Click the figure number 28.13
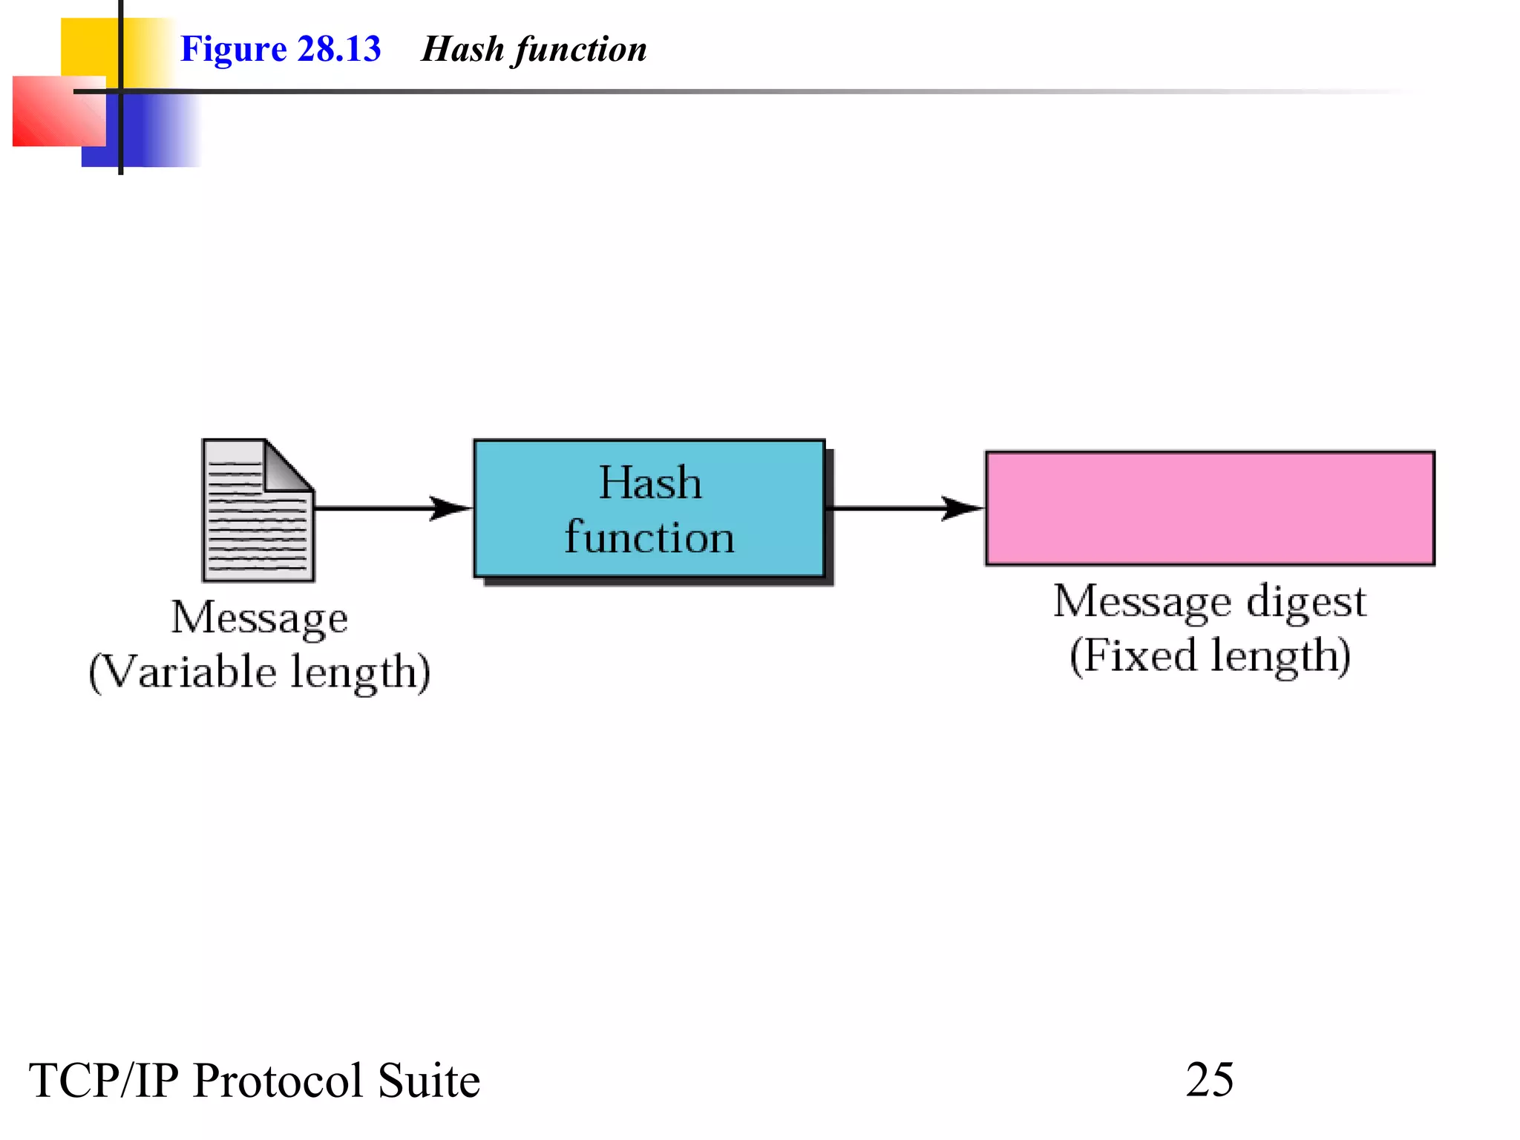tap(338, 49)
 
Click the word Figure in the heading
tap(233, 49)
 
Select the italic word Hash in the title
tap(462, 49)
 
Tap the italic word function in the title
tap(581, 49)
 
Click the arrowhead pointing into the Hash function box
tap(450, 508)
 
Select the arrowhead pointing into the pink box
tap(962, 508)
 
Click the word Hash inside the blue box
tap(650, 482)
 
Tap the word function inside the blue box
tap(649, 537)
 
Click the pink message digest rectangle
tap(1209, 508)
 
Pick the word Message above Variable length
tap(260, 617)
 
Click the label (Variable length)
tap(260, 672)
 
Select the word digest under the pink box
tap(1306, 601)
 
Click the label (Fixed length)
tap(1209, 655)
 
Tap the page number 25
tap(1209, 1079)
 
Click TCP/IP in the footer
tap(104, 1081)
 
